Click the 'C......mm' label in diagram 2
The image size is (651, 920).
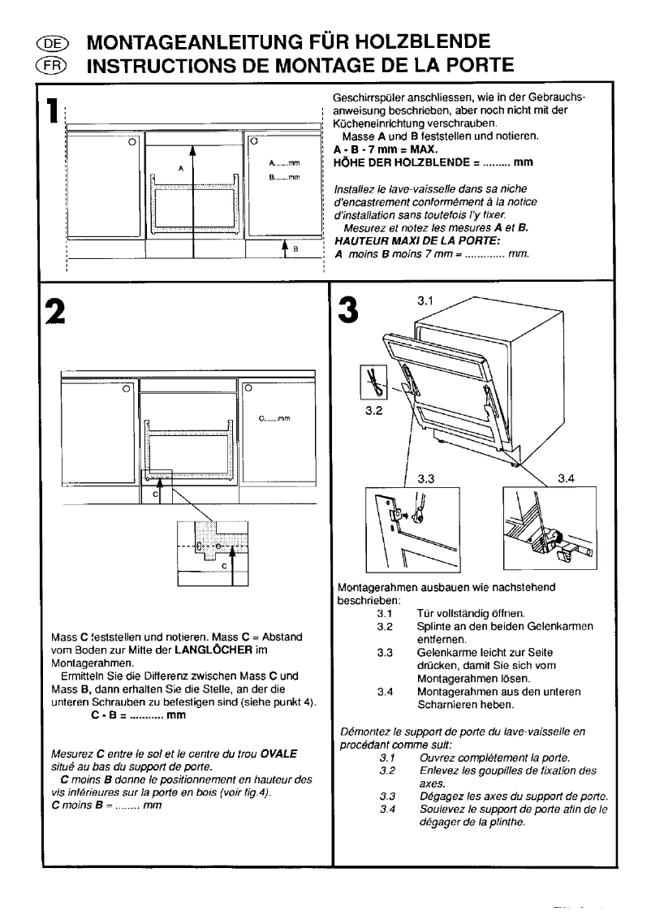[274, 420]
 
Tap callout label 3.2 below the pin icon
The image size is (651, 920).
[374, 411]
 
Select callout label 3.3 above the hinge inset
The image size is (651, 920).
[427, 478]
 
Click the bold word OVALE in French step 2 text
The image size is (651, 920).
[279, 754]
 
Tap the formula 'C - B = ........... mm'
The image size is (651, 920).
[138, 716]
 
